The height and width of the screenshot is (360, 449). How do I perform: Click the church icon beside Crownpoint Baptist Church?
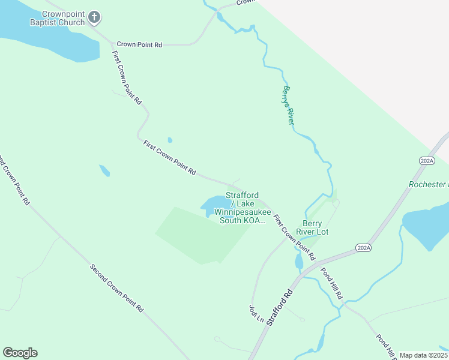tap(94, 18)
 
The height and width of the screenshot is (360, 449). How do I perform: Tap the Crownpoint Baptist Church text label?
tap(56, 18)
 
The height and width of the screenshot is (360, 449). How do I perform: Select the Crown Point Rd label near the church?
tap(139, 44)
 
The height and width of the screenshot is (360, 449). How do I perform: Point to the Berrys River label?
tap(288, 106)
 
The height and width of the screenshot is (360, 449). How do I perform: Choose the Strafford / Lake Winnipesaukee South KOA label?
tap(242, 208)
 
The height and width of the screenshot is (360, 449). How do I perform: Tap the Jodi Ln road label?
tap(256, 314)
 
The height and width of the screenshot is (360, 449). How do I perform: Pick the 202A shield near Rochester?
tap(427, 161)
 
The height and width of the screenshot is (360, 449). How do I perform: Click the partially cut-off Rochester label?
tap(429, 185)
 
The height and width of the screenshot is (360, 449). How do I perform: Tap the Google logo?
tap(20, 353)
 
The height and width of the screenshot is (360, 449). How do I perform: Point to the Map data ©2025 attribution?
tap(424, 355)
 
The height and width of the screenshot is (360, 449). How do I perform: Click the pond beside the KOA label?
tap(211, 206)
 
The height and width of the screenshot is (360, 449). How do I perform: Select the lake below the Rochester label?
tap(427, 225)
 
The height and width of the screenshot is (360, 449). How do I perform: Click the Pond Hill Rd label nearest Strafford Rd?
tap(331, 283)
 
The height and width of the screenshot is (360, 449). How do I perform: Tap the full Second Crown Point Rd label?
tap(116, 289)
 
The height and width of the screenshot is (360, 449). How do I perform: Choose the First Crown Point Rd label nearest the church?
tap(127, 78)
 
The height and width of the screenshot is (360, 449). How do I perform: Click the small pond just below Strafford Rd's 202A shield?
tap(299, 262)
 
